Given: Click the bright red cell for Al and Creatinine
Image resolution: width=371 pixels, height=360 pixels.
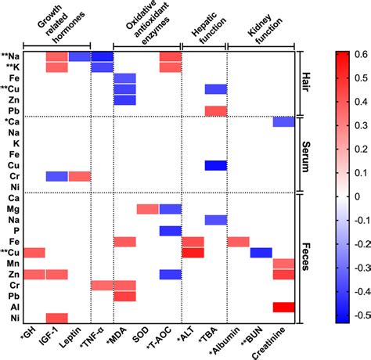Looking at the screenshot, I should [283, 308].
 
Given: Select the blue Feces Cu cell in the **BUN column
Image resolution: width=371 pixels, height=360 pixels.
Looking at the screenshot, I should [261, 253].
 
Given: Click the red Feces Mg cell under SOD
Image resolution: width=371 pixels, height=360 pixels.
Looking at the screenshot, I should [147, 209].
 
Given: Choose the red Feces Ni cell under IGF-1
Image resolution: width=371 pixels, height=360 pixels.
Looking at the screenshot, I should [56, 319].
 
